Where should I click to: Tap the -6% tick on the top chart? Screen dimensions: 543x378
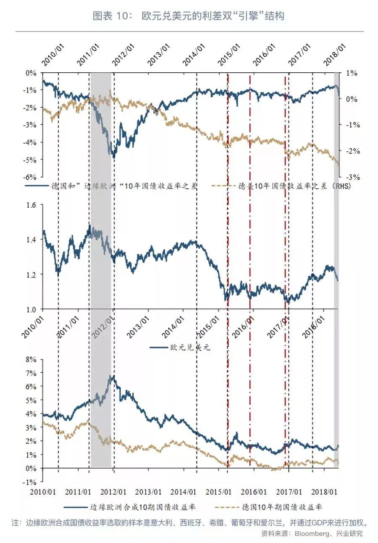pos(31,177)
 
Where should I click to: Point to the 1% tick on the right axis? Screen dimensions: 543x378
pos(351,73)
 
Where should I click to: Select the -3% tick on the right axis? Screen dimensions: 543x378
pos(351,177)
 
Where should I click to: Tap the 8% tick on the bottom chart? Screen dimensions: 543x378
pos(31,360)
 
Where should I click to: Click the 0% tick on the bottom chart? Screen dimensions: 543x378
pos(31,468)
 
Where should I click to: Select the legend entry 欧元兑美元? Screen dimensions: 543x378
pos(189,348)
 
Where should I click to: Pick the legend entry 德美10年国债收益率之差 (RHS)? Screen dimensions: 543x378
pos(294,185)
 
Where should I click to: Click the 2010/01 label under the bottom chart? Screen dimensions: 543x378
pos(43,491)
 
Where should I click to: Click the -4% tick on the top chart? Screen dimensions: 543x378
pos(31,142)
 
